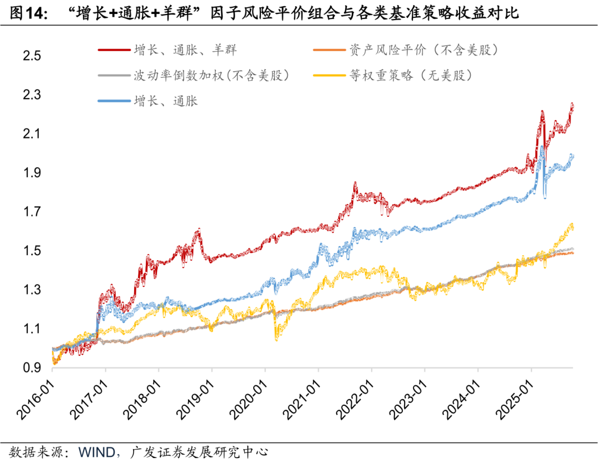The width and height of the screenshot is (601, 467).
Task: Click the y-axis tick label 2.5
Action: pos(31,56)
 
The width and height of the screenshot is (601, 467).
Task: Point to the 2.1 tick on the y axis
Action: pos(31,134)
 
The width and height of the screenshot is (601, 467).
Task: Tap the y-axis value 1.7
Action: pos(31,212)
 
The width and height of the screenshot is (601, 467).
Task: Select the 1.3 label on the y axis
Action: pos(31,290)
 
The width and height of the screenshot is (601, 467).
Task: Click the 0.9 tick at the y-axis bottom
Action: pos(31,367)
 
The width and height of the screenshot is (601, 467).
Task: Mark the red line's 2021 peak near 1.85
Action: pos(354,183)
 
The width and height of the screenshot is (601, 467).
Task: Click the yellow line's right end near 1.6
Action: pos(572,225)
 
